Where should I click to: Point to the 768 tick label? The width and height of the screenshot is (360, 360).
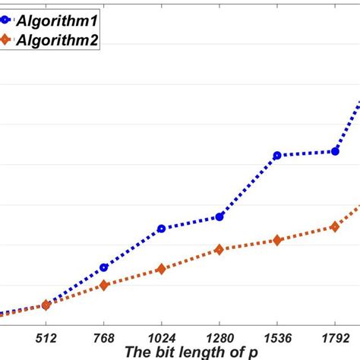point(104,336)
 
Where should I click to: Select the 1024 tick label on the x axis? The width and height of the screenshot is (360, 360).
point(161,336)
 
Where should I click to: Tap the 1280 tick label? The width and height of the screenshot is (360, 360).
point(219,336)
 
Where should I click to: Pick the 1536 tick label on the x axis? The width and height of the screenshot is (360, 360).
point(277,336)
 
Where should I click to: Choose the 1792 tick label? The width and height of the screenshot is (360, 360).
point(335,336)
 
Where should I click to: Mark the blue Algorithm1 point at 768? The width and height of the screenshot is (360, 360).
point(104,267)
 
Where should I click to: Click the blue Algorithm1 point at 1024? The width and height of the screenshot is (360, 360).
point(161,229)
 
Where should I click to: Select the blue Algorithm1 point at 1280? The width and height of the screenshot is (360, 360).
point(219,216)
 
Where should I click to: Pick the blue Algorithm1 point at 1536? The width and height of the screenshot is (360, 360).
point(277,155)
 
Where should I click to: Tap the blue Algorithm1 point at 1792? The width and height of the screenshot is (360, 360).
point(335,151)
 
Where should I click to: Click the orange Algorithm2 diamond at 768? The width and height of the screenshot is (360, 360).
point(104,285)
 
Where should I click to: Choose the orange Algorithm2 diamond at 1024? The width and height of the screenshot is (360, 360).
point(161,269)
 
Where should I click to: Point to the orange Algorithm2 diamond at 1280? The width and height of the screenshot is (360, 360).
point(219,249)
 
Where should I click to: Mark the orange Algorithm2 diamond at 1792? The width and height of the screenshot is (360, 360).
point(335,226)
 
